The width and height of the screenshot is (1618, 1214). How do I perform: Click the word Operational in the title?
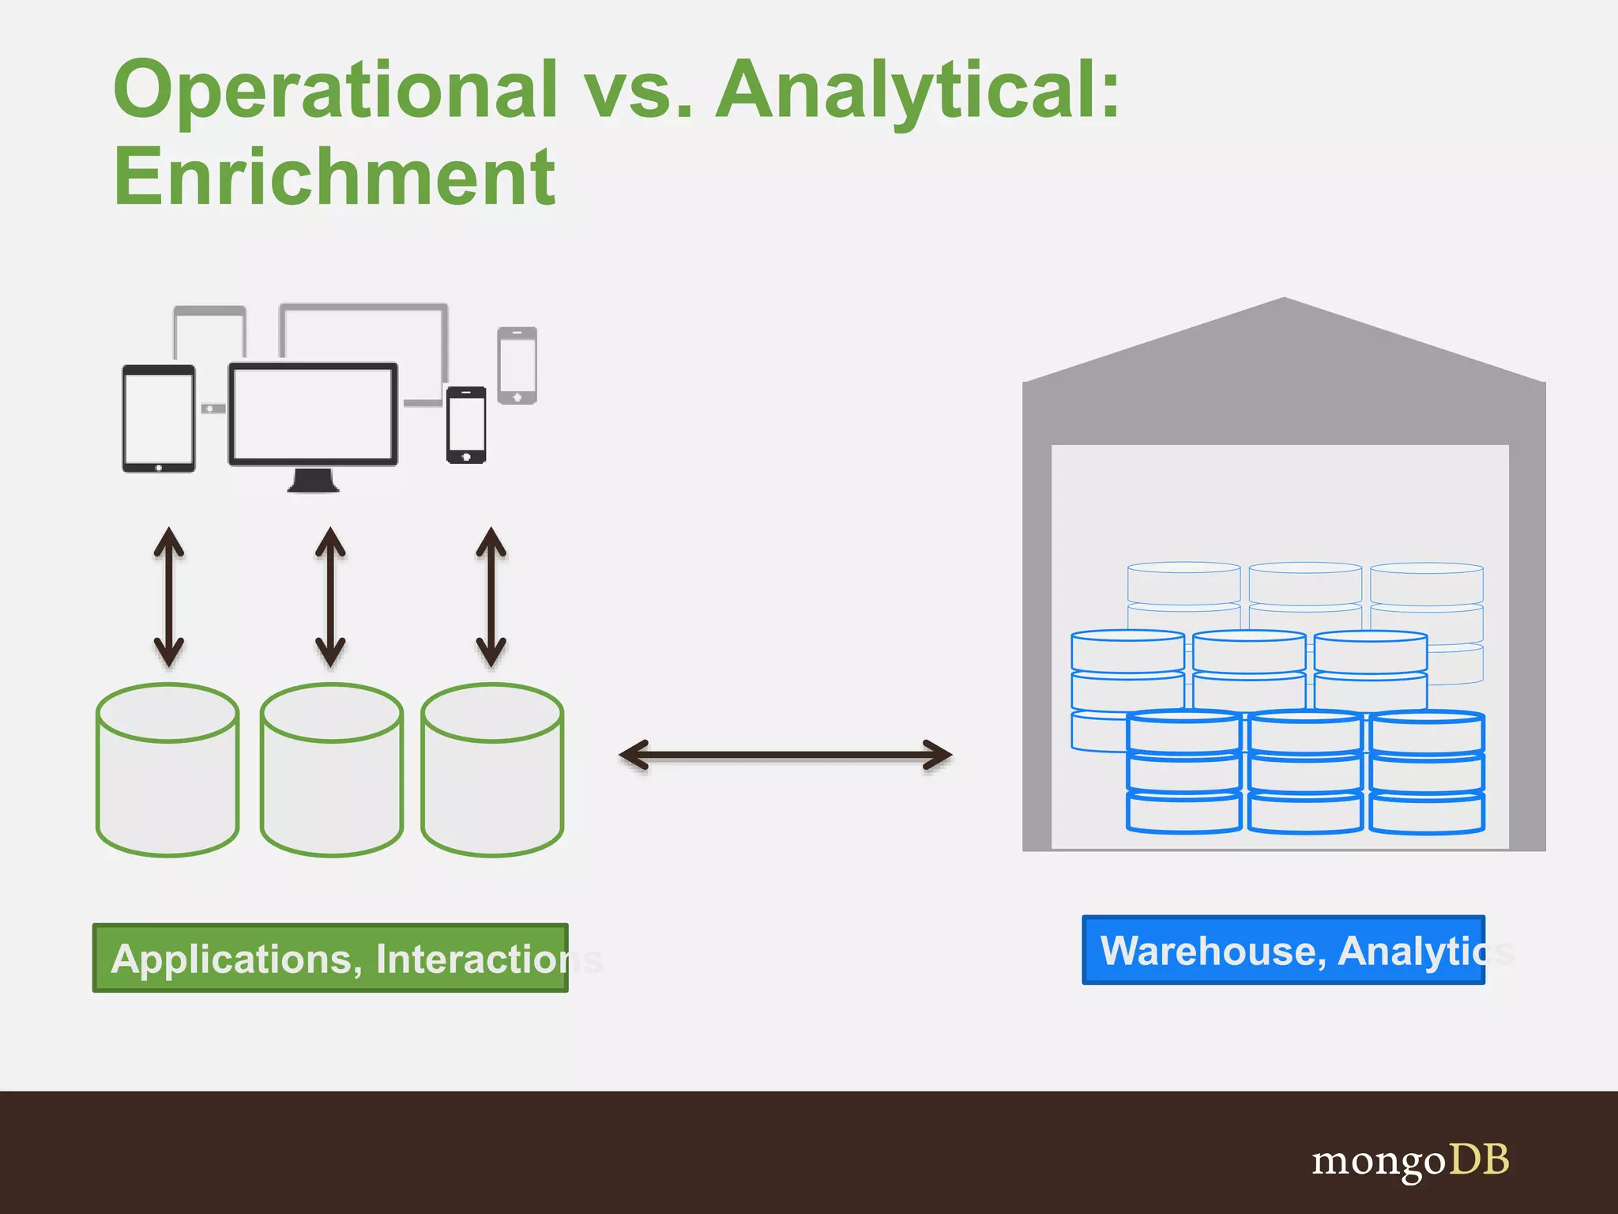point(336,91)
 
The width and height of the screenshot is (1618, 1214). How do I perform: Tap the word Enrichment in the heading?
point(335,178)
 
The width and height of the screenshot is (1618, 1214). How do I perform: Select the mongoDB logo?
point(1410,1161)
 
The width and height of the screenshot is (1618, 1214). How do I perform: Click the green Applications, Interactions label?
point(330,958)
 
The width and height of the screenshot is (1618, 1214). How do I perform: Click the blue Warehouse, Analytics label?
point(1283,950)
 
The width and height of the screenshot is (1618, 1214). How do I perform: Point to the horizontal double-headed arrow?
point(785,755)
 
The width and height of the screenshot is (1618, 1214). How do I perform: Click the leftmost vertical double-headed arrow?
point(168,598)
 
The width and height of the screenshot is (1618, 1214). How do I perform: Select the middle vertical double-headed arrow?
point(330,598)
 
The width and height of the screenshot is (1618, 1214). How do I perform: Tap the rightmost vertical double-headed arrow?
point(491,598)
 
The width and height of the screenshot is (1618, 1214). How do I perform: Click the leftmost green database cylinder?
point(167,771)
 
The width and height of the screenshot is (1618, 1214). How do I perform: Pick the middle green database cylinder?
point(332,771)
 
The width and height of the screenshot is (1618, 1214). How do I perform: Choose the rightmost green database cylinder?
point(492,771)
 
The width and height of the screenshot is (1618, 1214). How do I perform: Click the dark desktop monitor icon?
point(313,414)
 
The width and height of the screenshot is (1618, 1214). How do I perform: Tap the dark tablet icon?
point(159,418)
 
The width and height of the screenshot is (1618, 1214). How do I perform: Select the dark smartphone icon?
point(466,424)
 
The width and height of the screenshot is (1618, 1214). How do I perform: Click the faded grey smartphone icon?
point(517,365)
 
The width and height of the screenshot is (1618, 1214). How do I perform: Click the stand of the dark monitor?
point(314,481)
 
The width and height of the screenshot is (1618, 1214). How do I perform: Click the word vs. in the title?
point(637,91)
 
